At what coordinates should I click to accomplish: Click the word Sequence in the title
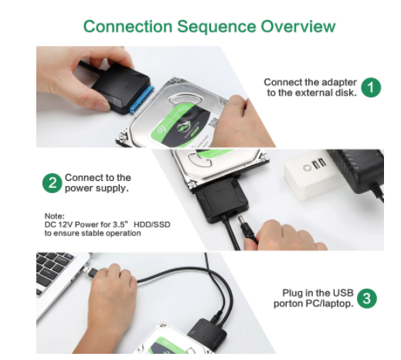click(216, 27)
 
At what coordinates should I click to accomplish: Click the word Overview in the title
click(298, 26)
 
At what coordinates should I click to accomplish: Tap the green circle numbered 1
click(371, 87)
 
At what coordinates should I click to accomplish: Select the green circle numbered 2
click(53, 183)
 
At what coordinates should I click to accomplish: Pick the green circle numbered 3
click(367, 298)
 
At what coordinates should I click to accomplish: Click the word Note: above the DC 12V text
click(55, 216)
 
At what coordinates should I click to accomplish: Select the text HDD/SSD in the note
click(152, 225)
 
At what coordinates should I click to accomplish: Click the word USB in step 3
click(343, 293)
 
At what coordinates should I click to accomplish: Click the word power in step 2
click(78, 188)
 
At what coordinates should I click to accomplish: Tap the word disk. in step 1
click(346, 93)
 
